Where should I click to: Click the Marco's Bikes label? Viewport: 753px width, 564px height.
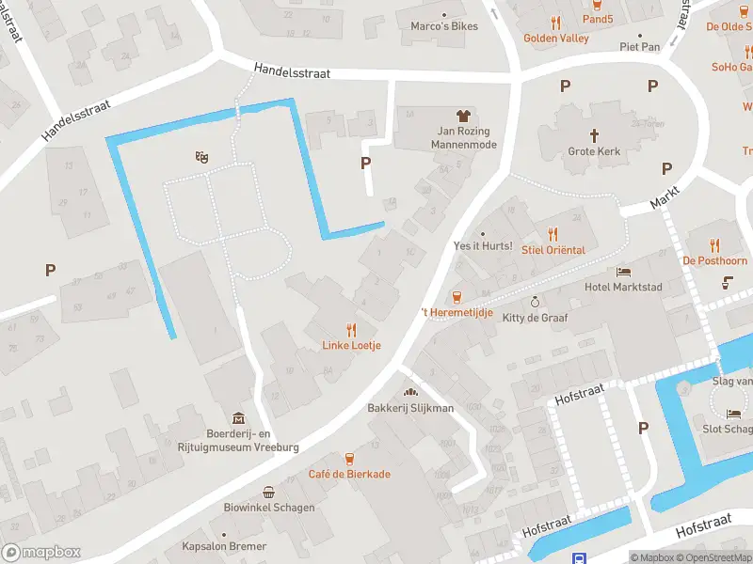tap(444, 25)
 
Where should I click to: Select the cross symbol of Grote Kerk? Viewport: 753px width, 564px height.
tap(595, 135)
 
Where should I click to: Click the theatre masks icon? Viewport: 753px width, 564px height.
tap(200, 158)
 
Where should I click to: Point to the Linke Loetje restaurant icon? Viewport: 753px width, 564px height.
tap(352, 329)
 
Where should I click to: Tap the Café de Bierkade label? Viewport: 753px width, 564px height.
tap(349, 474)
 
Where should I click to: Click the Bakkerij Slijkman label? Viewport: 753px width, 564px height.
tap(410, 408)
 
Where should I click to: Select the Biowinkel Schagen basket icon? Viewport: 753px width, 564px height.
tap(269, 492)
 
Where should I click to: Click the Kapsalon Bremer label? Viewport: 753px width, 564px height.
tap(225, 546)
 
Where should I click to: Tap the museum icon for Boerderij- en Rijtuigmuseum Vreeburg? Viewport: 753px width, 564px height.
tap(238, 418)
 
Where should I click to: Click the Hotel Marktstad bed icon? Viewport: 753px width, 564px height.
tap(623, 272)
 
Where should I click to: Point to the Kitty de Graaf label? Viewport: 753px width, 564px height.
tap(535, 318)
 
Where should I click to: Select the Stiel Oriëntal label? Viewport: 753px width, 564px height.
tap(553, 250)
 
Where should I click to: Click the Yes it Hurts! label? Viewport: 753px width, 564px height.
tap(482, 246)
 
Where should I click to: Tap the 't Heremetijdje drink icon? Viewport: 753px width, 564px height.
tap(457, 296)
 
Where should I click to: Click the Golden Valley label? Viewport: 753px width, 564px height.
tap(556, 39)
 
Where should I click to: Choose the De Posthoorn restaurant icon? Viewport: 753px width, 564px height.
tap(715, 244)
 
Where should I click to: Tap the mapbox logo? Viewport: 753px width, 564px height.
tap(40, 553)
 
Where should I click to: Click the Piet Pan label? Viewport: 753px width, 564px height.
tap(640, 46)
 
